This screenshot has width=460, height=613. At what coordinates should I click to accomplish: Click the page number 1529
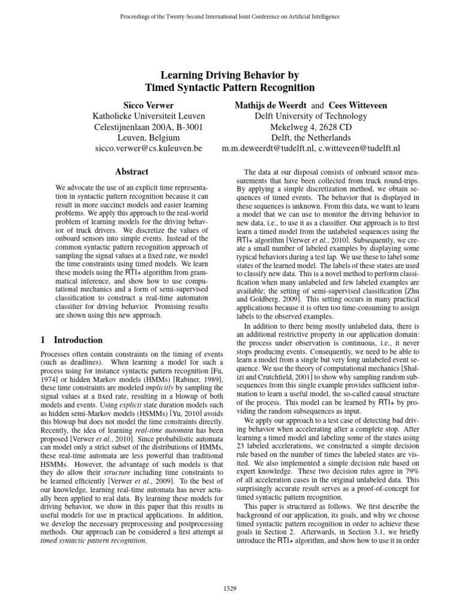[x=229, y=588]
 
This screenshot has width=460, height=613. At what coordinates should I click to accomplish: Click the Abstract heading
[x=132, y=172]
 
